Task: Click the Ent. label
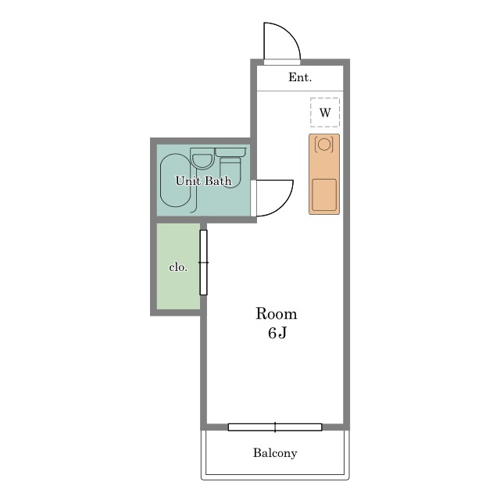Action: pos(300,77)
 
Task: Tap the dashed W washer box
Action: pos(325,112)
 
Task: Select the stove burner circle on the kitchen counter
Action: pos(324,145)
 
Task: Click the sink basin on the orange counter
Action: pos(324,195)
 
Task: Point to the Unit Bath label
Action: pos(203,180)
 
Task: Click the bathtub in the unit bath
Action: pos(175,180)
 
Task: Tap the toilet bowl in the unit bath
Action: pos(230,172)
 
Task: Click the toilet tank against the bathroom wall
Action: pos(230,152)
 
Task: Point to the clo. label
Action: pos(178,267)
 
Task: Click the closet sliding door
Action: pos(203,262)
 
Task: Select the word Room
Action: pos(277,314)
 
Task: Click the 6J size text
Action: pos(277,333)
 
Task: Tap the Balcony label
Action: pos(275,453)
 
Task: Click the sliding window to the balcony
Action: pos(275,427)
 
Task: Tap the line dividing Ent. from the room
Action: pos(300,91)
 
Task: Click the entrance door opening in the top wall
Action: pos(282,62)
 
